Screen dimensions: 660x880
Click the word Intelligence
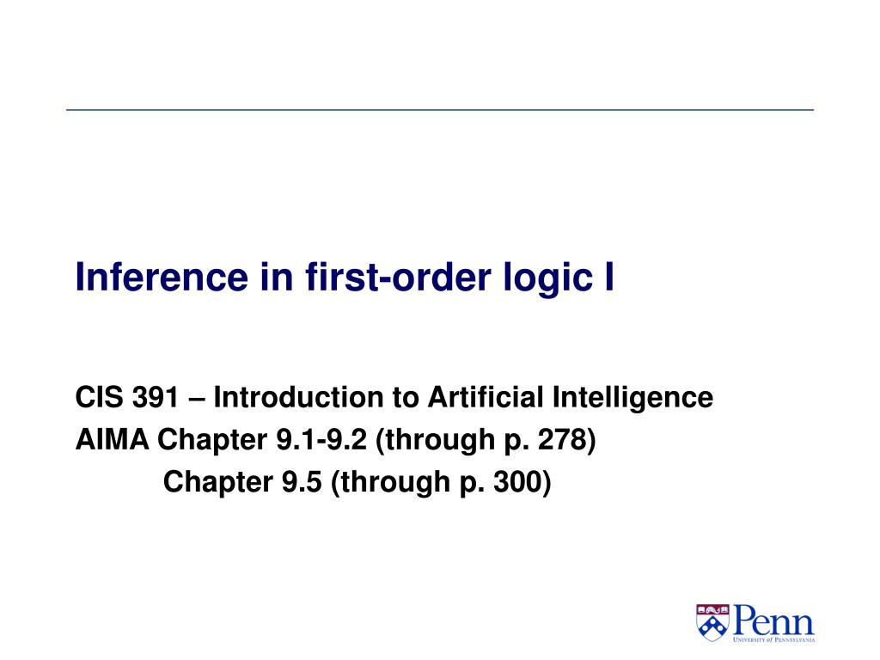632,398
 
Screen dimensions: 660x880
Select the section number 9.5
302,482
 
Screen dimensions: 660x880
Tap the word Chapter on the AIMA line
212,440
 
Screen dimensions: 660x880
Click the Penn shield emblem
712,621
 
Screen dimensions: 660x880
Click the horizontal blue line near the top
440,110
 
